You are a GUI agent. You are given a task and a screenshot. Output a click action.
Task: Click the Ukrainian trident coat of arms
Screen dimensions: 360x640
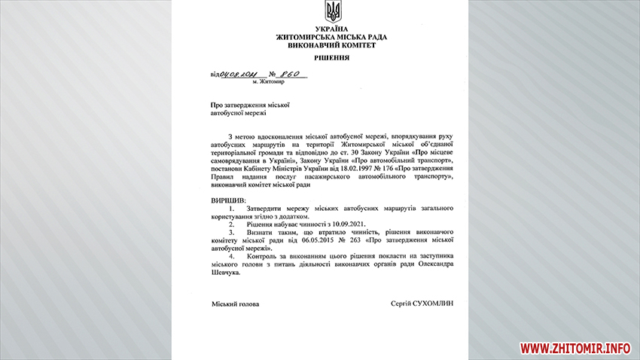[x=332, y=11]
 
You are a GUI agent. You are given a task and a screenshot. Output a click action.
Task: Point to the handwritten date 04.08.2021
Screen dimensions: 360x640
[x=238, y=74]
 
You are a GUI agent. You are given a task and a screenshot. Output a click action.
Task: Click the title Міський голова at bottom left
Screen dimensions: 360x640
[x=235, y=304]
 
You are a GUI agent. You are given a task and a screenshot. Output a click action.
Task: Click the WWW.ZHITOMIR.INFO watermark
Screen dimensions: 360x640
[x=574, y=348]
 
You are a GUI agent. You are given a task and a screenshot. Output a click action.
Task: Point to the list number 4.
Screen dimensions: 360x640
[x=230, y=256]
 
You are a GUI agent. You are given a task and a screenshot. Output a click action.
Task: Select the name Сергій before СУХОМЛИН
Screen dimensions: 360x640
[x=404, y=304]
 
